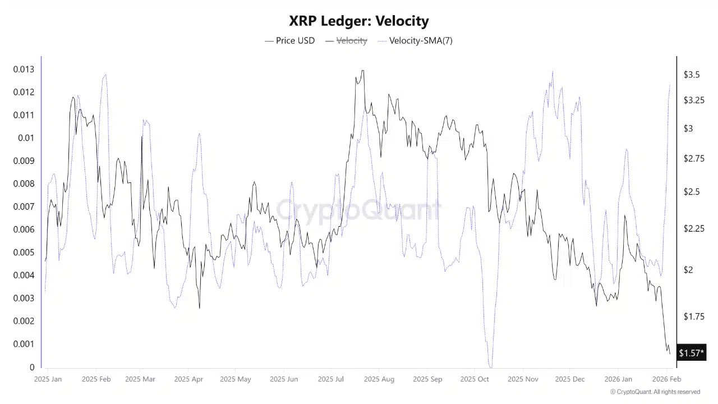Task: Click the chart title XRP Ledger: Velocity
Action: [359, 21]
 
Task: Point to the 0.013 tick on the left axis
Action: [24, 70]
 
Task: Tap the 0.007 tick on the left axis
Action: [24, 206]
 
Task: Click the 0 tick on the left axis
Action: [32, 367]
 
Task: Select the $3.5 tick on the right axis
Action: [691, 75]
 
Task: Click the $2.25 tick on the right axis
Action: [693, 228]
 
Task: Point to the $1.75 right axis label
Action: [693, 316]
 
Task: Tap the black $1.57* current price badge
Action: [691, 353]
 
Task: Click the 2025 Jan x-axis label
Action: [48, 379]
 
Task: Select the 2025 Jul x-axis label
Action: [331, 379]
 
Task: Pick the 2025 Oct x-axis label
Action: [475, 379]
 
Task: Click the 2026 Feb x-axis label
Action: [666, 379]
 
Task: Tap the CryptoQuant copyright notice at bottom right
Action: [655, 392]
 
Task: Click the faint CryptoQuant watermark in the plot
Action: [359, 210]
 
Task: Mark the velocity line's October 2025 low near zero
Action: [491, 366]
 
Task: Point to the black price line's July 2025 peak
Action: [362, 71]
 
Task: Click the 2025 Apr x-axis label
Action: [188, 379]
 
